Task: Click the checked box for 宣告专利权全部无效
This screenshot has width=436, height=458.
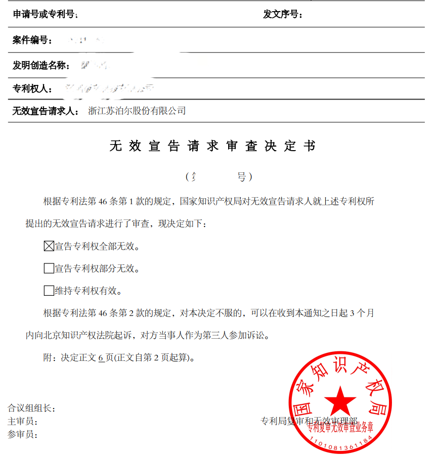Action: point(49,247)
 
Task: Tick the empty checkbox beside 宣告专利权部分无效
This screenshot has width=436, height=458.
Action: point(49,268)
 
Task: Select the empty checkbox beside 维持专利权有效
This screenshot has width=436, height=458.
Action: point(49,291)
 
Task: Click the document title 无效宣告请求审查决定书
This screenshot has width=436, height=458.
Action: point(212,147)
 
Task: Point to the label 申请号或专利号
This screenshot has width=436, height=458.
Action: point(46,15)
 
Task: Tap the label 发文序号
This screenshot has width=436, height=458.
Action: point(283,15)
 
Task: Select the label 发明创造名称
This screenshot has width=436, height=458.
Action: point(40,65)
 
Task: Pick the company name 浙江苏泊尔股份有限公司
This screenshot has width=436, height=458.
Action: point(137,111)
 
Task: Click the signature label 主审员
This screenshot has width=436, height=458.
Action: point(23,421)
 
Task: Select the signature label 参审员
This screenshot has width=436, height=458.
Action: point(23,434)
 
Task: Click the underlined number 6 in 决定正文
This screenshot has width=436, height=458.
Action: point(101,358)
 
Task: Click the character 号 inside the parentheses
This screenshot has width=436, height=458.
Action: point(241,177)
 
